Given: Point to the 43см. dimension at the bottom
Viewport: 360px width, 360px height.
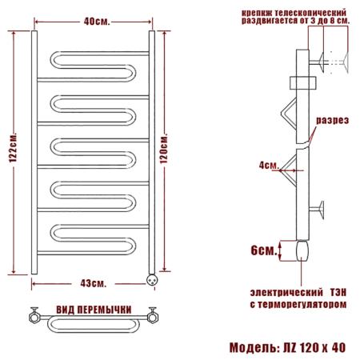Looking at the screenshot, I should coord(93,282).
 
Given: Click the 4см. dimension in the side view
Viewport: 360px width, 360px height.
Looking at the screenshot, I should coord(269,166).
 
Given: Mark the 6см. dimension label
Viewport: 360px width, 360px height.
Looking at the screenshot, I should coord(261,250).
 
